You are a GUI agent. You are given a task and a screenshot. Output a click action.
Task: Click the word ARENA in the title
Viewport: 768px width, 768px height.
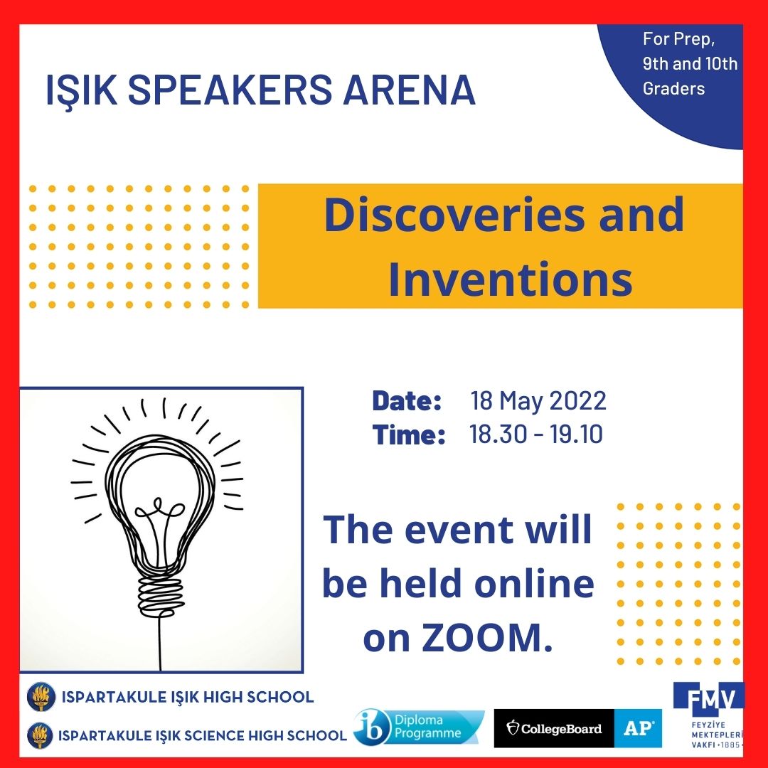coord(409,90)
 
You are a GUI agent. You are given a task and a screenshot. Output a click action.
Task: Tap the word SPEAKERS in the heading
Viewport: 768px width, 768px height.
coord(230,90)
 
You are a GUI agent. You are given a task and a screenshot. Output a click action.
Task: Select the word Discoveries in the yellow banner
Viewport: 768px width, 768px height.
coord(454,215)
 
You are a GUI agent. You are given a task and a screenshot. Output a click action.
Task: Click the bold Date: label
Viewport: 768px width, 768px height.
coord(407,400)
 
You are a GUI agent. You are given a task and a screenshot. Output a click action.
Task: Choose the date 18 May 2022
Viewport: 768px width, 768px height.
coord(538,400)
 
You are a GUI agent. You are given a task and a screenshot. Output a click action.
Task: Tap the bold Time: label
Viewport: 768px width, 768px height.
coord(408,434)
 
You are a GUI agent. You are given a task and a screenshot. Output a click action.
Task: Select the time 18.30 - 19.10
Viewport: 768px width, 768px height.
coord(536,434)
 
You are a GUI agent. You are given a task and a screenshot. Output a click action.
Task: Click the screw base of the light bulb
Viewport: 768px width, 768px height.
coord(160,596)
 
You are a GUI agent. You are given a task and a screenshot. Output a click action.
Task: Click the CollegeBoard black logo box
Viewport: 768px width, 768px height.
coord(554,728)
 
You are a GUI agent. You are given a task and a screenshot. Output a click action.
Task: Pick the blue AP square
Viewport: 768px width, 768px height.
coord(638,728)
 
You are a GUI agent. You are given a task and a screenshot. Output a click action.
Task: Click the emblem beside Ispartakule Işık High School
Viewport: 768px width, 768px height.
coord(41,696)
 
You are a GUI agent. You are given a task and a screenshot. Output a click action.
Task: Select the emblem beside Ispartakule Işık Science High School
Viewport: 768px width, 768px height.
coord(40,736)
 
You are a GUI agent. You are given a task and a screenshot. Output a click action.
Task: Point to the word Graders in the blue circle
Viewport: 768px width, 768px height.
coord(673,89)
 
